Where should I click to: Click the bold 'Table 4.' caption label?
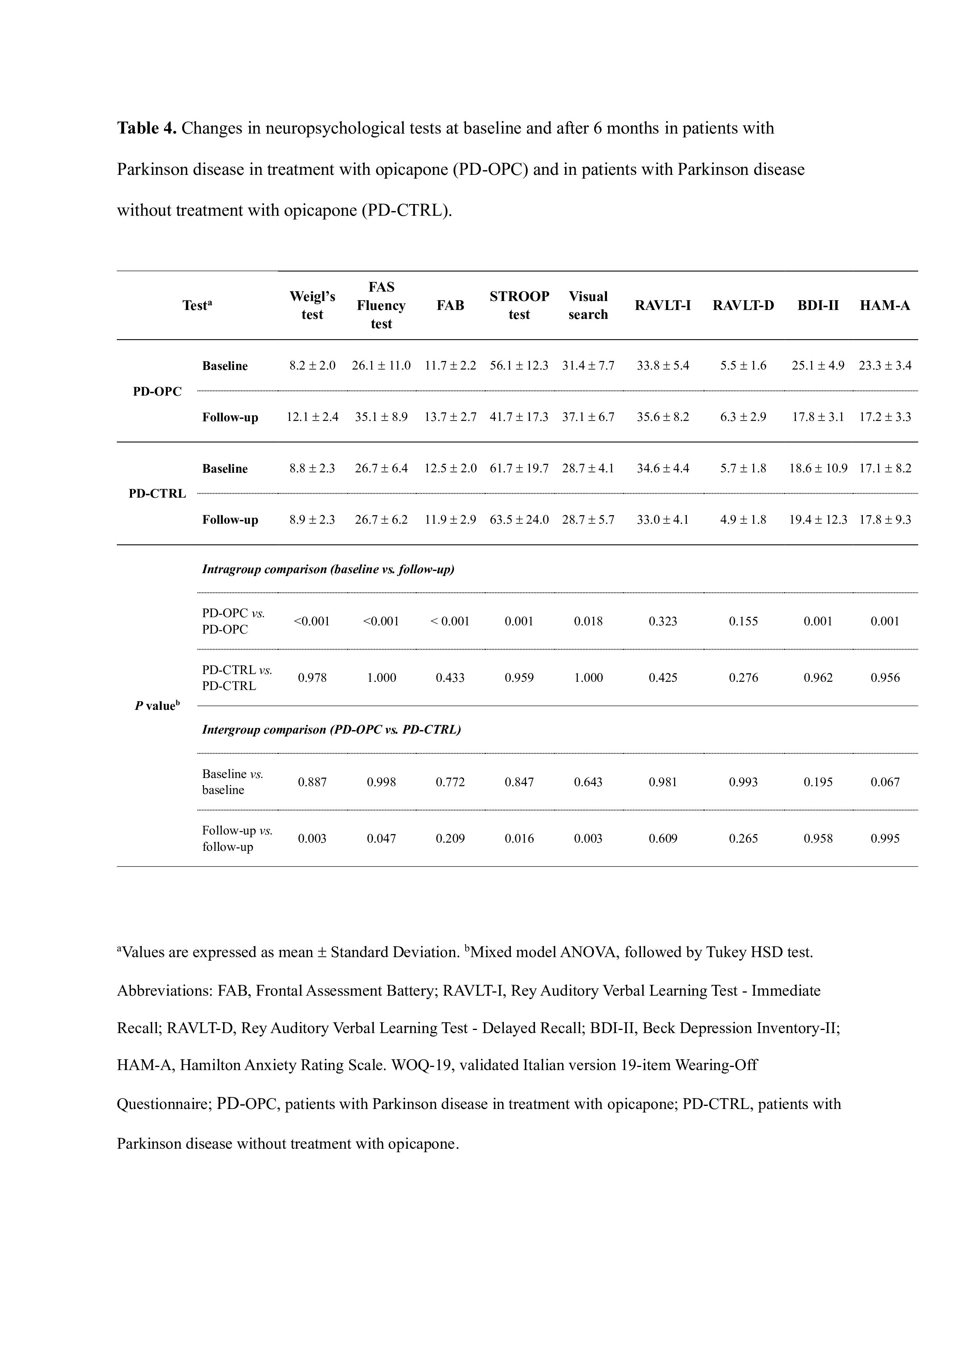click(x=146, y=129)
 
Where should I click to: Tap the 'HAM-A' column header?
click(x=885, y=306)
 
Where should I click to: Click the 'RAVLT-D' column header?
click(x=743, y=306)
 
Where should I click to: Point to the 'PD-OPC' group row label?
click(x=157, y=391)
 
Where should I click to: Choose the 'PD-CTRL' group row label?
click(x=157, y=494)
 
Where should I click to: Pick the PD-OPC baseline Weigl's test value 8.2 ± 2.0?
click(x=312, y=365)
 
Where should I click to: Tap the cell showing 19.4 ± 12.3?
click(x=818, y=519)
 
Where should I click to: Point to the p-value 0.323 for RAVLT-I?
click(x=663, y=621)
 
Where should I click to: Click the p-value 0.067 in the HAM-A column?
click(x=885, y=782)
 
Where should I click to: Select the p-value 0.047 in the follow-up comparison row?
click(x=381, y=838)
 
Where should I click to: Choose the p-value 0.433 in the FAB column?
click(x=450, y=678)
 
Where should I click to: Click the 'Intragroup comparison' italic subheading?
click(x=328, y=569)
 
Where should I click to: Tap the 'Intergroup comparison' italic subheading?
click(x=331, y=729)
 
